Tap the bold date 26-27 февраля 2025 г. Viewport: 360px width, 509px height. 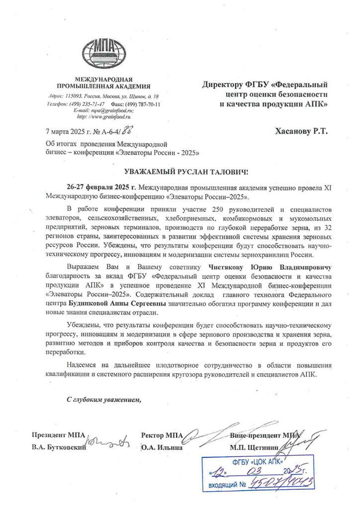tap(101, 187)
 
